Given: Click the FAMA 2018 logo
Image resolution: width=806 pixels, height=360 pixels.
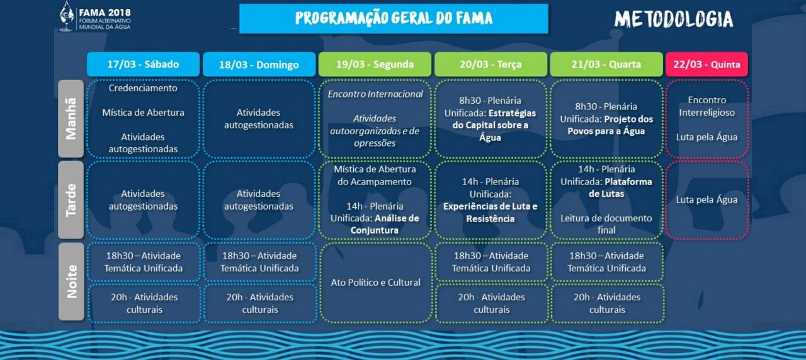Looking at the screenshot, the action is (95, 16).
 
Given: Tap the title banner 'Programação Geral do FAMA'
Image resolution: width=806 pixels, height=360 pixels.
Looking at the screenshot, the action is (394, 19).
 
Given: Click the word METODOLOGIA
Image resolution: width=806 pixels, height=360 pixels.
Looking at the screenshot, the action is (674, 19).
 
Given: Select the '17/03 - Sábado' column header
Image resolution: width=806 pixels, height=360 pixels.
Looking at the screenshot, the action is (143, 64).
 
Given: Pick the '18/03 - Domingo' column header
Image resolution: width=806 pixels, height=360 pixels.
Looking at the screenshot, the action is (259, 64).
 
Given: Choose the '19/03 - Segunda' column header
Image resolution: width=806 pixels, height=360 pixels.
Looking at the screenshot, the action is (375, 64).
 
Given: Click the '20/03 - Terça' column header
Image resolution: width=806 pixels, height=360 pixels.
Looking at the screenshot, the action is (491, 64).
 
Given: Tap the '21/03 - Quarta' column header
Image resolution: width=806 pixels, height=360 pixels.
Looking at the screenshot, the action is (606, 64).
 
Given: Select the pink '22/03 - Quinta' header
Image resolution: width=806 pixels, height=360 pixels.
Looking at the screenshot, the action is (707, 64).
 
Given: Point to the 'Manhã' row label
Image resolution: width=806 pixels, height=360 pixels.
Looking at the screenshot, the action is (71, 119).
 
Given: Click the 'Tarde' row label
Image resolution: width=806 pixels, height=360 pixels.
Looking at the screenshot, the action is (71, 200).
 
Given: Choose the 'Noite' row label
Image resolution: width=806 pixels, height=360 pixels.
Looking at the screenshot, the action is (71, 281).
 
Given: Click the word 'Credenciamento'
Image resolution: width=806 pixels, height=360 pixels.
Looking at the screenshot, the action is (143, 88).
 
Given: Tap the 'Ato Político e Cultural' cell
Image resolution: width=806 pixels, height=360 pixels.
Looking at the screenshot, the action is (376, 283).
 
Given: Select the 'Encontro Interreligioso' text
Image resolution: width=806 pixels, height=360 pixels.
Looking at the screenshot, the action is (707, 106).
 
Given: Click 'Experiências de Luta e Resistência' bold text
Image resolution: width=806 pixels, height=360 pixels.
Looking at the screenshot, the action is (491, 213).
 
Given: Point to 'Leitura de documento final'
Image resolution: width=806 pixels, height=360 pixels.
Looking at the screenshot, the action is (606, 224).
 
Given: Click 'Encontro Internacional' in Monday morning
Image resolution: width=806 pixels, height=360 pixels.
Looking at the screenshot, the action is (375, 94).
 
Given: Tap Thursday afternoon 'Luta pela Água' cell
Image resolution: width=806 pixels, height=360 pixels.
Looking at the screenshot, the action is (707, 200).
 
